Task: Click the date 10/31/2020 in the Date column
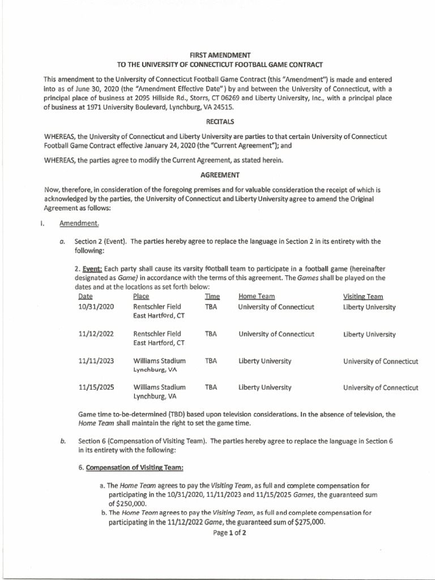click(96, 308)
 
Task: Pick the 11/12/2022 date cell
click(96, 334)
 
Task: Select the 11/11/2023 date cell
click(96, 361)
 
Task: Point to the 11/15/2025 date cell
click(96, 387)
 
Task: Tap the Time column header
click(212, 296)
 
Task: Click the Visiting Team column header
click(363, 296)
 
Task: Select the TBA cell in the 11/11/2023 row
click(211, 361)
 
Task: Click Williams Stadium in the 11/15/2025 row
click(160, 387)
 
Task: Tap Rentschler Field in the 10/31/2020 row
click(157, 308)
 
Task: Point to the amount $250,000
click(128, 503)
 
